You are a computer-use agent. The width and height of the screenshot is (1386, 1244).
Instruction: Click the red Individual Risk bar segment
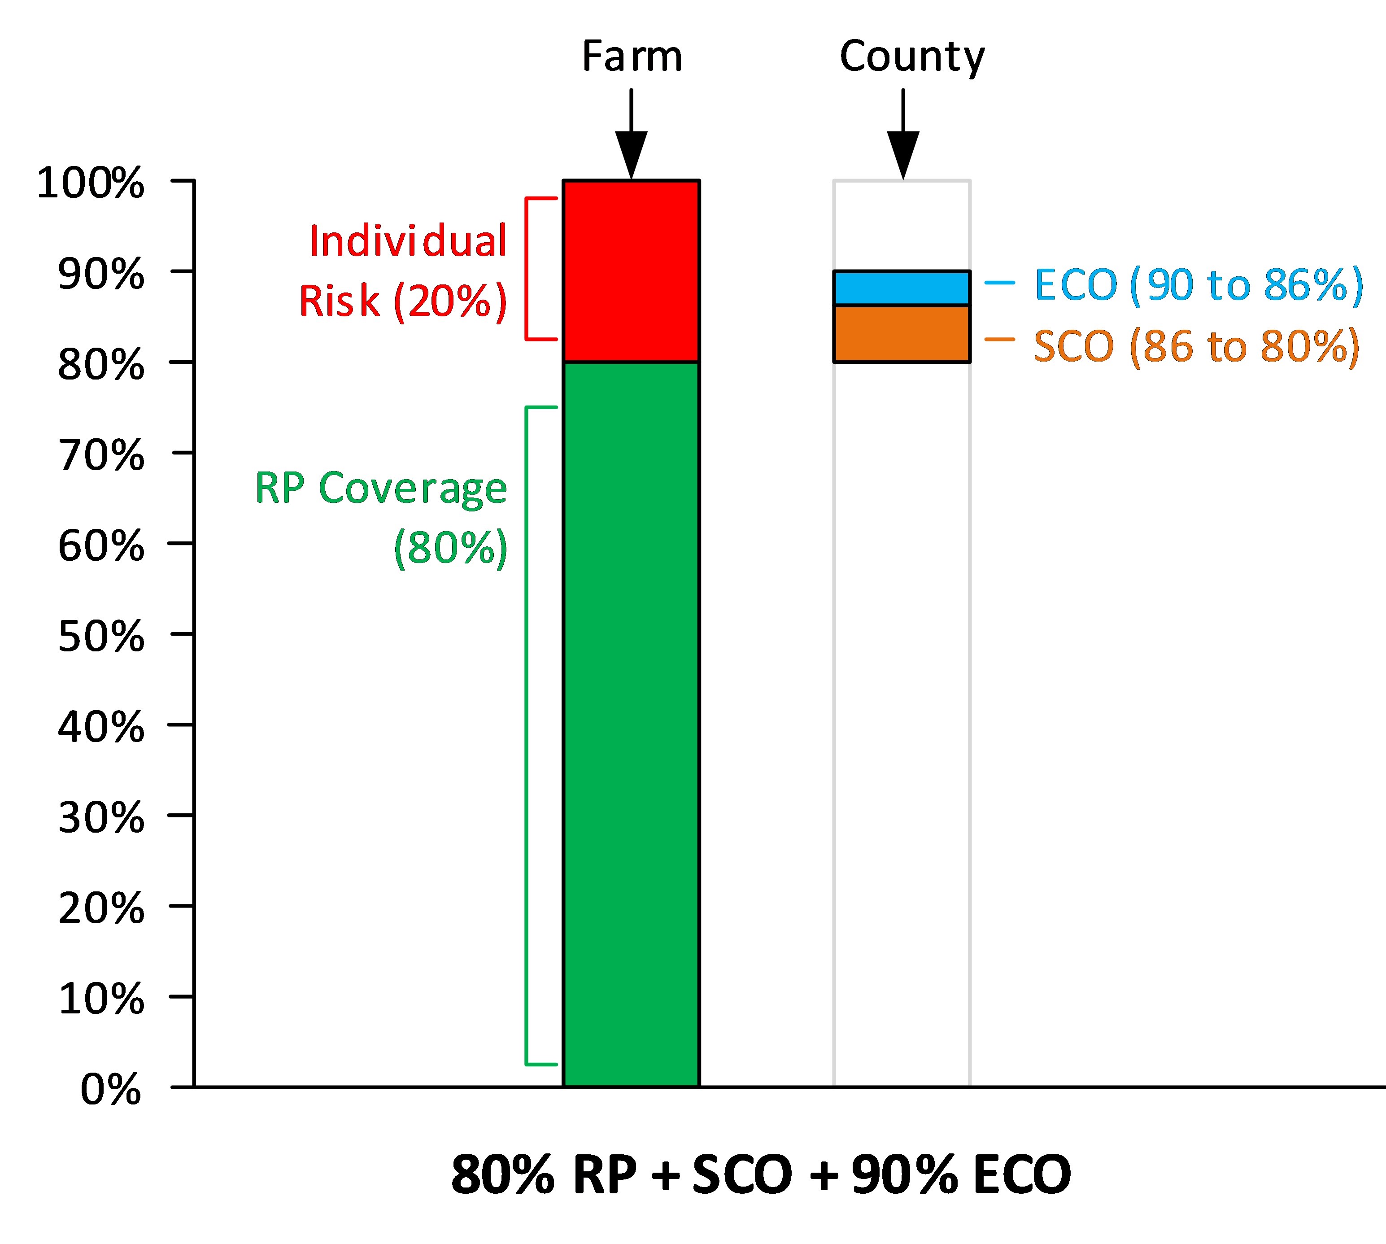point(631,271)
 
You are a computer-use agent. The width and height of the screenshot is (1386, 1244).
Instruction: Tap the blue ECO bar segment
point(902,288)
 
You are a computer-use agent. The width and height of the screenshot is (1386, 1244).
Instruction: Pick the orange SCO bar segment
point(902,334)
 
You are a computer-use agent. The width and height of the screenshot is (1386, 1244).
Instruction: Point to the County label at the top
point(912,57)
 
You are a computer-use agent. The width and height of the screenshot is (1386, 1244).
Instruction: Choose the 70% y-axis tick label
point(101,455)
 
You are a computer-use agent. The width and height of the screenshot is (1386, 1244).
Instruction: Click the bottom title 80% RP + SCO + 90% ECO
point(761,1174)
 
